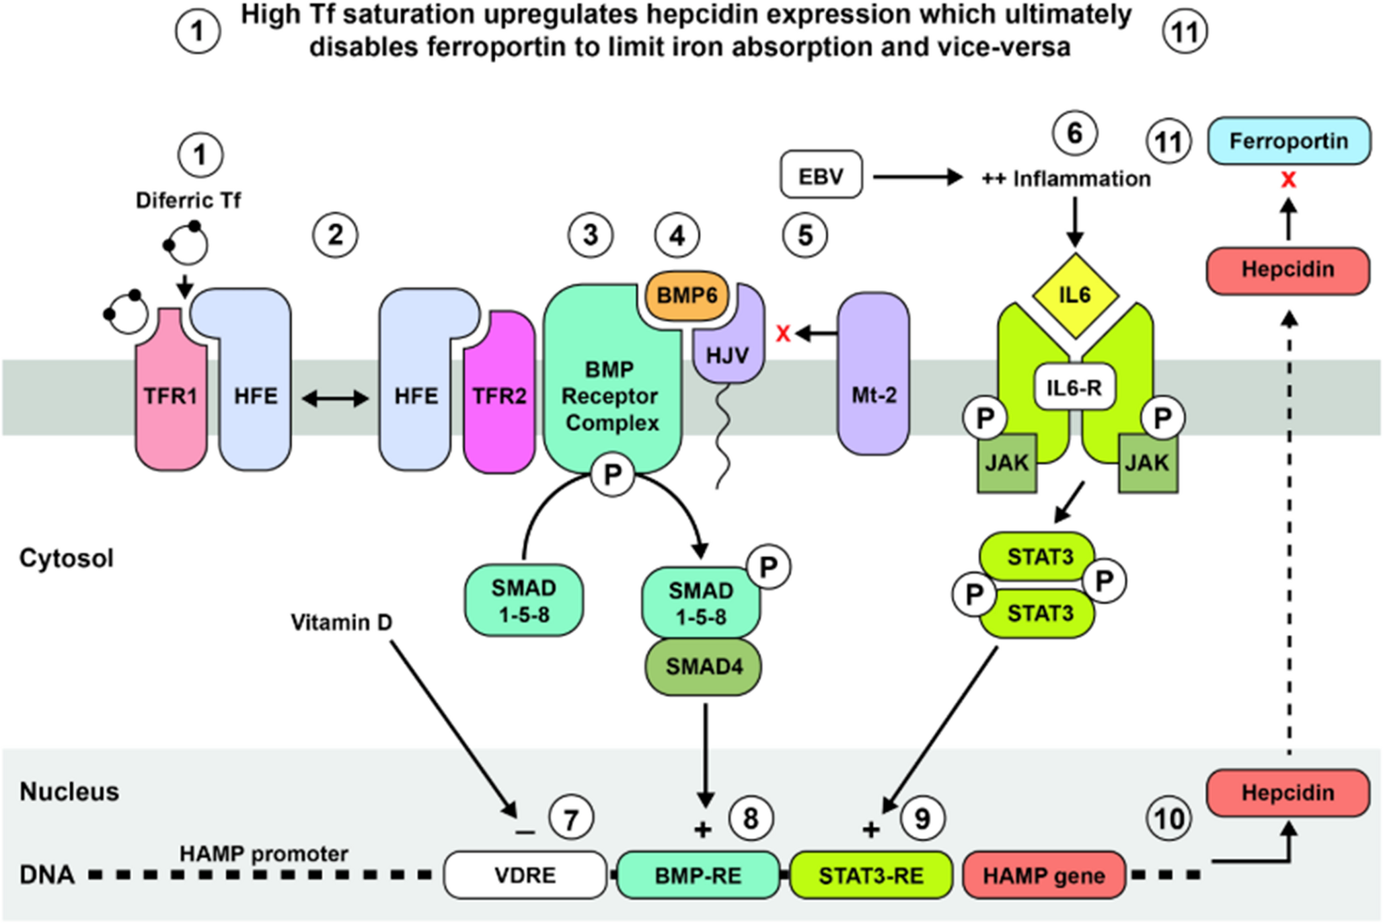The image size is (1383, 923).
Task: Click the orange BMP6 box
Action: click(687, 295)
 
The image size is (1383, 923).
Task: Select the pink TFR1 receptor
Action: click(171, 395)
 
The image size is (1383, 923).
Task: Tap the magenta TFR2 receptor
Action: click(499, 395)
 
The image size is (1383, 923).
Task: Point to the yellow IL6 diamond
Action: click(1075, 295)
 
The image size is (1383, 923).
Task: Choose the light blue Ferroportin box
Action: click(1288, 141)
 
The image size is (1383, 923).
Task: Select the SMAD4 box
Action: click(704, 666)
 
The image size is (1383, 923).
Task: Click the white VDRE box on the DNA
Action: click(525, 875)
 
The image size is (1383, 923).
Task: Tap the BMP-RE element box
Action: click(698, 875)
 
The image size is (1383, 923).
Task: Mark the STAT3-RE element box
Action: click(870, 875)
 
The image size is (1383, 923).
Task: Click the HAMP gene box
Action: click(1043, 875)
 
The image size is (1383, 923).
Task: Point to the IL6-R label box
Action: click(1074, 387)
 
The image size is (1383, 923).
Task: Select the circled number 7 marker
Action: click(570, 819)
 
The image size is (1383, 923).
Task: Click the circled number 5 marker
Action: click(805, 235)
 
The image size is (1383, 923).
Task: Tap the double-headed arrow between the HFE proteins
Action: click(335, 399)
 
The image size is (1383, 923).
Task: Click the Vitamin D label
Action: click(341, 622)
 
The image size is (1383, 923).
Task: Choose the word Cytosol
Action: click(67, 558)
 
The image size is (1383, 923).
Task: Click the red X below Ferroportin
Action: click(1288, 180)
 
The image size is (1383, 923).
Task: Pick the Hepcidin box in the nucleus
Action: click(1287, 792)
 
